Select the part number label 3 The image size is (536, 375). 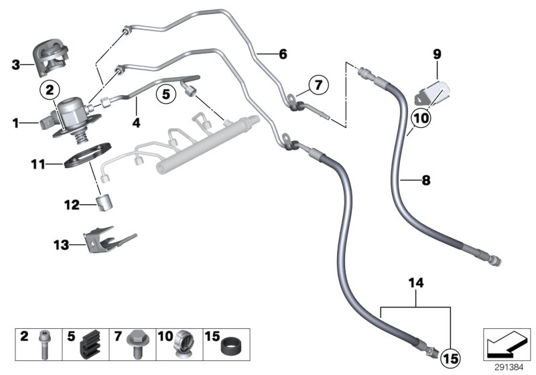coord(15,65)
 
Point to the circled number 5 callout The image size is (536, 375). coord(165,94)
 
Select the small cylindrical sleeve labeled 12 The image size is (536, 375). coord(105,202)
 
